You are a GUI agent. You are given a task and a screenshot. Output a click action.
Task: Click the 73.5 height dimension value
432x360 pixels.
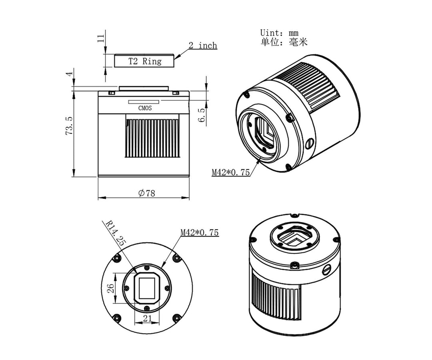click(x=69, y=125)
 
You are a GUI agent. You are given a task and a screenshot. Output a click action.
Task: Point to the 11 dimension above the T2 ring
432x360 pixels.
click(x=101, y=38)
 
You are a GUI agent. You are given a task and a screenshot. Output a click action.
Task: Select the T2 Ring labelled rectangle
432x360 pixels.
click(x=144, y=61)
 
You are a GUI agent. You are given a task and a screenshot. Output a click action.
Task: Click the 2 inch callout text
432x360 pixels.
click(x=202, y=46)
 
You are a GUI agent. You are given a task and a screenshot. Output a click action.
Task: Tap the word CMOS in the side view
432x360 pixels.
click(x=144, y=108)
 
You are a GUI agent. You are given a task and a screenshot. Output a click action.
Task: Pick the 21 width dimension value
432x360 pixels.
click(x=147, y=318)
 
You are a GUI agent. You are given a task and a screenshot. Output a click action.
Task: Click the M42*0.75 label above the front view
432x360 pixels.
click(x=199, y=232)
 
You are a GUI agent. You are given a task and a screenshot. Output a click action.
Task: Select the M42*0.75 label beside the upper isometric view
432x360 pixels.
click(x=231, y=172)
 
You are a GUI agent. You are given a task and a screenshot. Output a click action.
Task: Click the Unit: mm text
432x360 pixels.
click(x=279, y=33)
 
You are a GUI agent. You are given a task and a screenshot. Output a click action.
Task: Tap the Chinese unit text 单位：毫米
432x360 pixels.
click(x=284, y=42)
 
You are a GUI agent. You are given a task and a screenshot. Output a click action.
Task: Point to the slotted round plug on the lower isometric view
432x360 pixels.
click(x=327, y=270)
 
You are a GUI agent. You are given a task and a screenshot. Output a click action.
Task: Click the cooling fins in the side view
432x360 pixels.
click(x=152, y=138)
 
